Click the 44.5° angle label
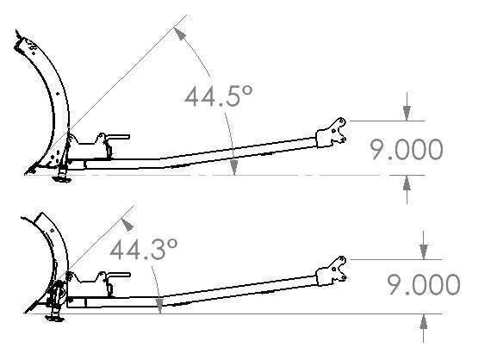[x=218, y=96]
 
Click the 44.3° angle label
[x=143, y=250]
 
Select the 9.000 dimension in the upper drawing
[x=407, y=150]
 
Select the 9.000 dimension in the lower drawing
[x=424, y=284]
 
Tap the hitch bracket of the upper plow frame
[x=331, y=133]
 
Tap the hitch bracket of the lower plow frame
[x=331, y=271]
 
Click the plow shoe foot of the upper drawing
[x=62, y=179]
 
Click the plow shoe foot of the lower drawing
[x=55, y=319]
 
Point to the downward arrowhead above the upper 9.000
[x=407, y=114]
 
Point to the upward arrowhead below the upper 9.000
[x=407, y=183]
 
